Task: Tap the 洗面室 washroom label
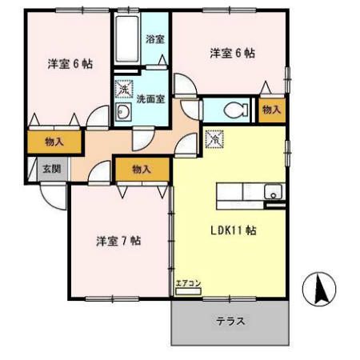(150, 99)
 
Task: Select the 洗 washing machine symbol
(124, 90)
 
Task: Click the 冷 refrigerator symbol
(214, 139)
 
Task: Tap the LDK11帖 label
(234, 230)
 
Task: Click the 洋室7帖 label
(118, 240)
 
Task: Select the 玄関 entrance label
(51, 168)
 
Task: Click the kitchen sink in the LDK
(274, 192)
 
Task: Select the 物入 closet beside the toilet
(271, 110)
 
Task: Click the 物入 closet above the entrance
(54, 142)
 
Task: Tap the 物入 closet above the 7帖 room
(142, 169)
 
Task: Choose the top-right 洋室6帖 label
(233, 54)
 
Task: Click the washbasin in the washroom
(123, 114)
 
